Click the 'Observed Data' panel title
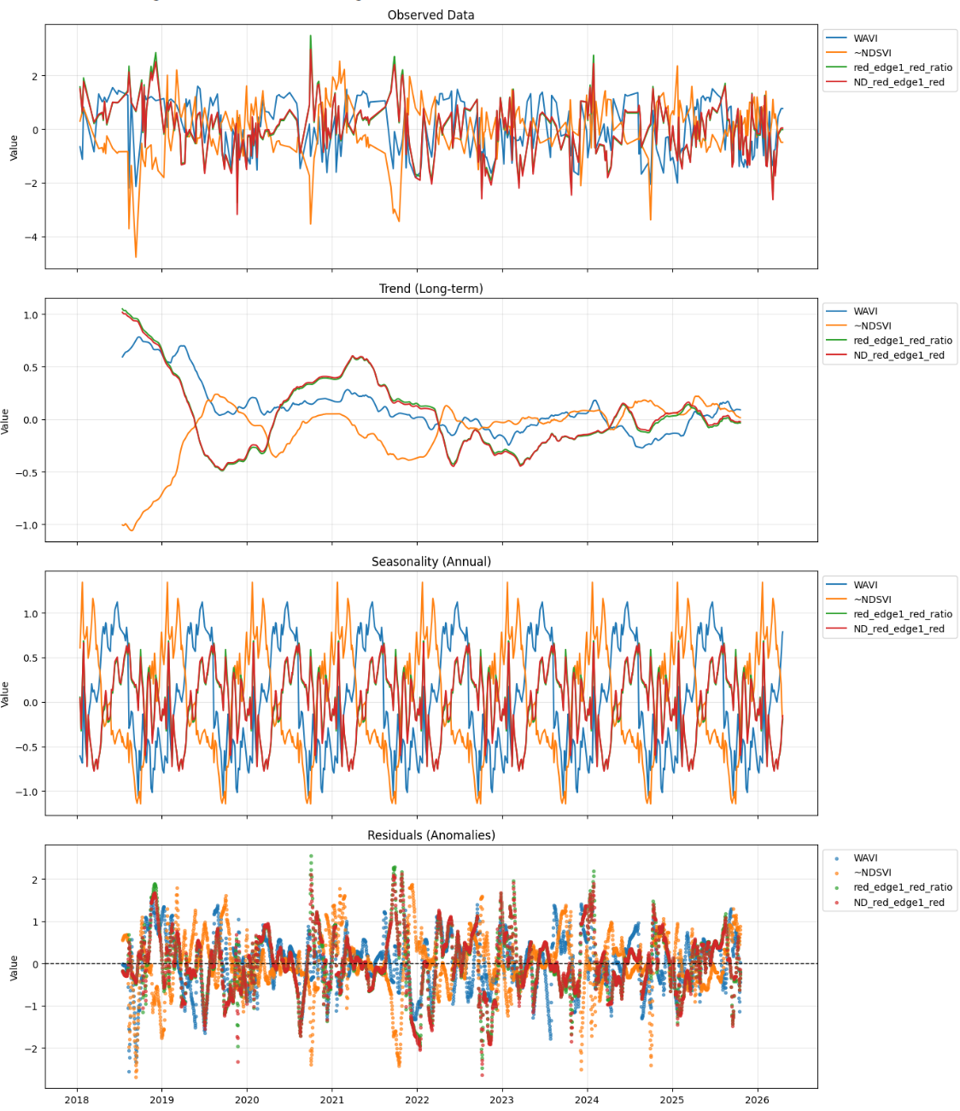430,15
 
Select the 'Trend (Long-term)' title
430,289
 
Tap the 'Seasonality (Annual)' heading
430,562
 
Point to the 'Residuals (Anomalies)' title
430,835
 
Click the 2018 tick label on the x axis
78,1100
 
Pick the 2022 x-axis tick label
417,1100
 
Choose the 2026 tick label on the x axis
757,1100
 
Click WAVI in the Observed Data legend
865,38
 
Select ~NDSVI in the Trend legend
872,326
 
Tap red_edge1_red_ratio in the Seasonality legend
902,614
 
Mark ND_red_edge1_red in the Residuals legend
899,903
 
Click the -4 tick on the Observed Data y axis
33,237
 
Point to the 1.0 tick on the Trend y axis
31,315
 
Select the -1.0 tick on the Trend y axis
28,525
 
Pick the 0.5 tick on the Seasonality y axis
31,658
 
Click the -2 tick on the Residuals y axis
33,1049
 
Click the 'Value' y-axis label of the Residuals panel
14,968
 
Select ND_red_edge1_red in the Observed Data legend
899,83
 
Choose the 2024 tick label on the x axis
587,1100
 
